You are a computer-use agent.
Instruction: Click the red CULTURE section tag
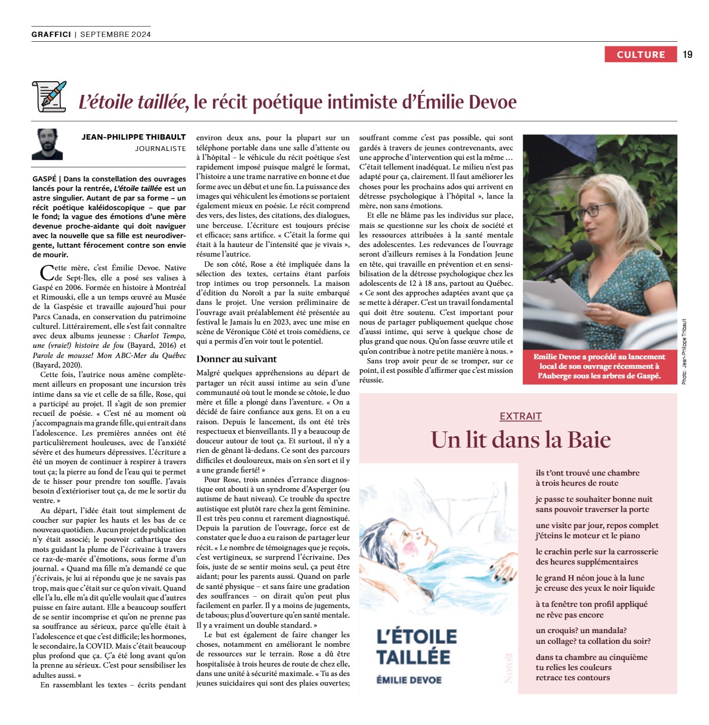[x=640, y=54]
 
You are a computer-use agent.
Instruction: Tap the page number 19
[x=688, y=54]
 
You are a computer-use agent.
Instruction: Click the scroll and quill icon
[x=49, y=96]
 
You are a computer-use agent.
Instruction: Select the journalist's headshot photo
[x=47, y=144]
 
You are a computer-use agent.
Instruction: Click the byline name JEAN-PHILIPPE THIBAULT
[x=134, y=137]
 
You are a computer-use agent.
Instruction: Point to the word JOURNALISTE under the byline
[x=160, y=149]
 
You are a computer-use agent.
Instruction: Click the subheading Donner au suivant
[x=236, y=359]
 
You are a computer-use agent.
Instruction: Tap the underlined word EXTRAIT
[x=520, y=417]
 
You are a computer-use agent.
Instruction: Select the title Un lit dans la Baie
[x=520, y=440]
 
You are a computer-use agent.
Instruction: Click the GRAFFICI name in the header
[x=51, y=35]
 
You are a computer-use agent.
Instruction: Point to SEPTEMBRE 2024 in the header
[x=115, y=35]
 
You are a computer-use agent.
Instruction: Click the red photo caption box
[x=599, y=366]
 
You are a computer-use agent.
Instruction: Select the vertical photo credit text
[x=684, y=351]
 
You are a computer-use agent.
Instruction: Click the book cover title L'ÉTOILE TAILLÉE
[x=416, y=646]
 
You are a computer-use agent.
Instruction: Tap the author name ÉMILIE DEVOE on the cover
[x=409, y=680]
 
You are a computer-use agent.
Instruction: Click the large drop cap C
[x=45, y=273]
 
